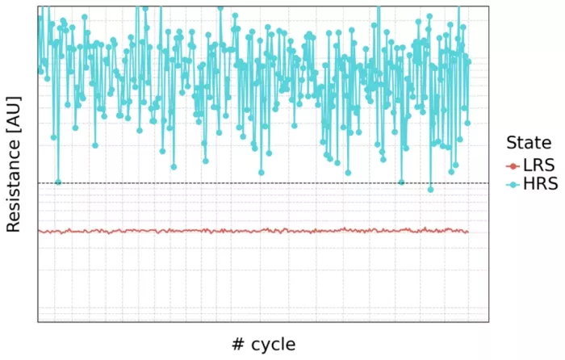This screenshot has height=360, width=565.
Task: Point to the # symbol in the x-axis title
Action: tap(238, 345)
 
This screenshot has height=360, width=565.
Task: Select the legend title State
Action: tap(529, 143)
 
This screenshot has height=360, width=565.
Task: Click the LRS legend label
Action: tap(538, 165)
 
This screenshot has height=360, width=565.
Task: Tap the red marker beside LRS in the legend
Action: tap(512, 165)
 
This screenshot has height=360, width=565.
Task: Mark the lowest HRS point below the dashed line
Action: tap(430, 190)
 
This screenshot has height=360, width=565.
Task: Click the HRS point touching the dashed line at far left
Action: tap(58, 182)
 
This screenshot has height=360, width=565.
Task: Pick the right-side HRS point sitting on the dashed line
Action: tap(401, 182)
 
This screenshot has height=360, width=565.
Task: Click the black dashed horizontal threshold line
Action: tap(242, 183)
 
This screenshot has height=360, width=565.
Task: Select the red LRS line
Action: tap(242, 231)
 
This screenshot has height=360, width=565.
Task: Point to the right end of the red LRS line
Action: tap(468, 232)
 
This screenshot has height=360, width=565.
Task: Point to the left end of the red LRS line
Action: tap(39, 232)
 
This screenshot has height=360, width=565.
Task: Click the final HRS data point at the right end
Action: tap(469, 61)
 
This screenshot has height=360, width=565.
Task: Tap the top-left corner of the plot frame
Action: tap(38, 6)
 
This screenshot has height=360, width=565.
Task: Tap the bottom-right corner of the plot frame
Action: tap(489, 322)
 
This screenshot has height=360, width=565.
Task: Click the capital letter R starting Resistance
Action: tap(13, 227)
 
